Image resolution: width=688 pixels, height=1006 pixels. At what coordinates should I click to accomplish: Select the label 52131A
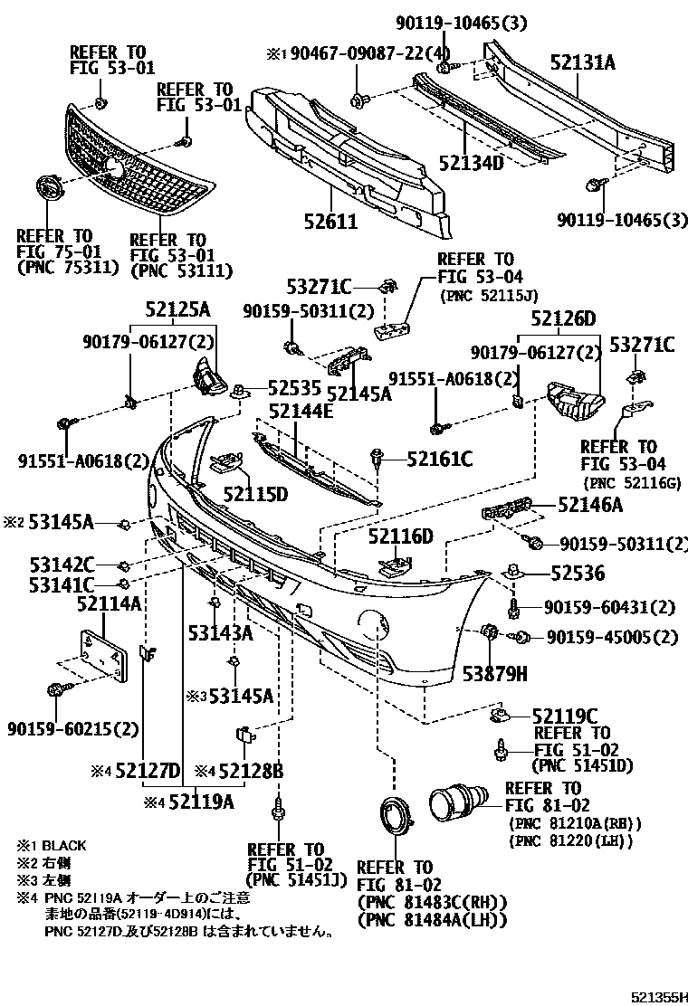click(582, 62)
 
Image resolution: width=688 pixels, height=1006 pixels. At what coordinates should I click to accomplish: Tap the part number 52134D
click(471, 162)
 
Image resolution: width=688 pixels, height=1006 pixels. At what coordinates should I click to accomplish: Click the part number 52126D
click(564, 318)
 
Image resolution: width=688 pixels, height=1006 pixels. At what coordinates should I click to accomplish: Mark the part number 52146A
click(589, 507)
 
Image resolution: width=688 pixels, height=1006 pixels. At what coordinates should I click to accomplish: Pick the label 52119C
click(566, 715)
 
